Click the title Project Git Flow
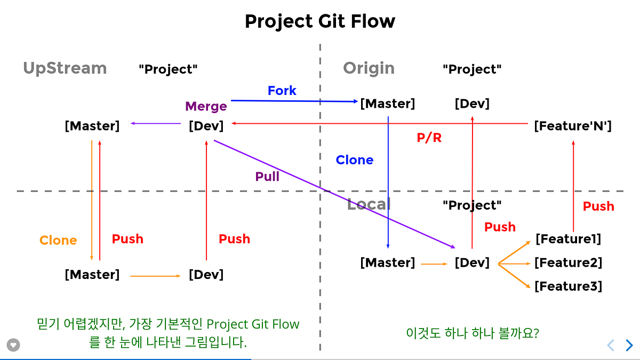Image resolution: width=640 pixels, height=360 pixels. tap(320, 22)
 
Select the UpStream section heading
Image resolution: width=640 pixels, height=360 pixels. tap(65, 68)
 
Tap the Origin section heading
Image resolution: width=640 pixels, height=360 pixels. tap(369, 68)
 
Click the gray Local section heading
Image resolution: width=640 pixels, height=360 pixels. tap(369, 204)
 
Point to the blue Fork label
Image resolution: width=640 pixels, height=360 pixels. tap(282, 91)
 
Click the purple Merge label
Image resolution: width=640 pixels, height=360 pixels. tap(206, 106)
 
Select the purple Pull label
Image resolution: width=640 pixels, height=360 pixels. tap(267, 177)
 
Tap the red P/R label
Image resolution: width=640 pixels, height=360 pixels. tap(429, 138)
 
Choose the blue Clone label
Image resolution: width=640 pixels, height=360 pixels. tap(354, 160)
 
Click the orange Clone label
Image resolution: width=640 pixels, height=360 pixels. tap(58, 241)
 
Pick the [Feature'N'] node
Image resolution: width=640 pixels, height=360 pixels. tap(572, 126)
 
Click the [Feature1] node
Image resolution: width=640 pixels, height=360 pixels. tap(568, 239)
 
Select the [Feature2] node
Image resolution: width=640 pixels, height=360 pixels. tap(568, 262)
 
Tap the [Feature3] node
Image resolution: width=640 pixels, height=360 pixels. tap(568, 286)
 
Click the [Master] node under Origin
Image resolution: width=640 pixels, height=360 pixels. tap(387, 103)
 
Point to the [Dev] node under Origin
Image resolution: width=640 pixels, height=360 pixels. tap(472, 103)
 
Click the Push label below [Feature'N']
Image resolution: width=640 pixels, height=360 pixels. tap(598, 206)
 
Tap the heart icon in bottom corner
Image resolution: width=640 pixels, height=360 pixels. tap(13, 345)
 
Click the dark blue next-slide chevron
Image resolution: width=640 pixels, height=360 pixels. tap(629, 345)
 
